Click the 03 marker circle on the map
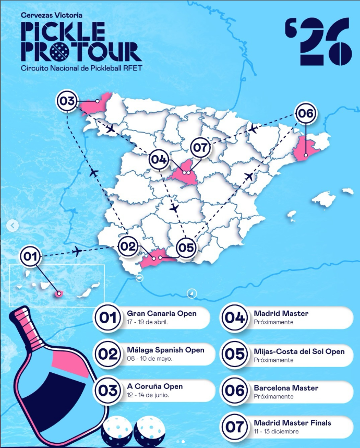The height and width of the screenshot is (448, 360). coord(68,101)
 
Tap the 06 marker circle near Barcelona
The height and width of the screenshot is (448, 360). coord(306,113)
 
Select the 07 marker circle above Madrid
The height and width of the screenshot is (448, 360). coord(200,148)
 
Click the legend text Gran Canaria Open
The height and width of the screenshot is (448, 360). coord(162,313)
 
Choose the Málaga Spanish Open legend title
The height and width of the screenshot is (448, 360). coord(165,350)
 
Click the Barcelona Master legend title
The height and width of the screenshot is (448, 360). coord(286,388)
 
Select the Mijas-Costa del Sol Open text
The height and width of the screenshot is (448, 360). coord(299,351)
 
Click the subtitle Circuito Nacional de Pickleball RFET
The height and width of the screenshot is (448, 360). coord(81,68)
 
